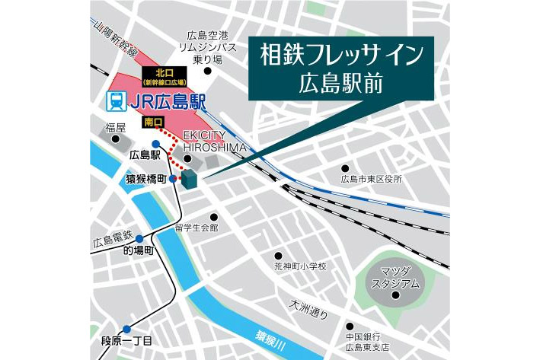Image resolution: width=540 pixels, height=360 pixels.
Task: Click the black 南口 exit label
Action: point(152,121)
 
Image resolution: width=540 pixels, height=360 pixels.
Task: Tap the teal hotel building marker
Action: point(190,180)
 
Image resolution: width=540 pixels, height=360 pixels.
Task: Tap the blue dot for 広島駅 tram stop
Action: point(155,145)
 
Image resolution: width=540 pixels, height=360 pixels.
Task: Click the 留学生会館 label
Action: point(197,227)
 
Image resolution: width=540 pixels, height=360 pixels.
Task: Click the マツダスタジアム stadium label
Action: point(395,278)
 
